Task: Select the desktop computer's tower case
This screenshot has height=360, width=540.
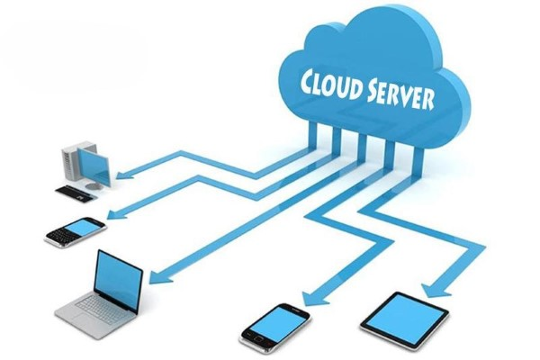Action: tap(72, 164)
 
